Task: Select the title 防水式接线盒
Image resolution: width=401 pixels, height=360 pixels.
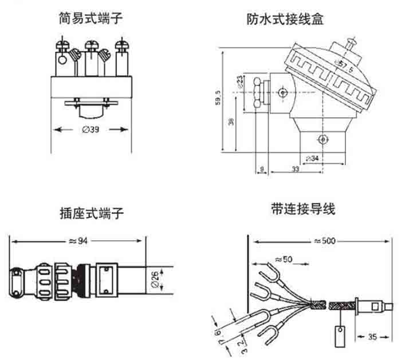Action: (285, 18)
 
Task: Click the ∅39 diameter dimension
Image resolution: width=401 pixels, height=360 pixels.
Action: (90, 130)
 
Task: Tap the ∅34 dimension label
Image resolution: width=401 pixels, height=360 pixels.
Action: (313, 158)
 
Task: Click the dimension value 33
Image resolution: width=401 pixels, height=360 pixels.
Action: (295, 170)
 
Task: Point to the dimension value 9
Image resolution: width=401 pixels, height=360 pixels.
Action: (261, 170)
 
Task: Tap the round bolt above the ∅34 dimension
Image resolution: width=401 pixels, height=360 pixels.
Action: (323, 139)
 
